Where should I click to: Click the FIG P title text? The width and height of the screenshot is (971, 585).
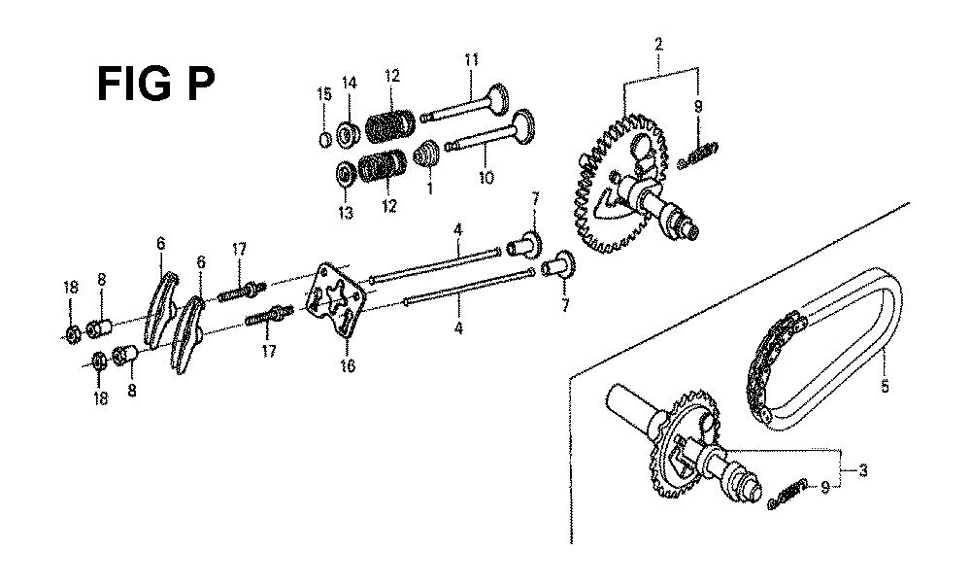(156, 85)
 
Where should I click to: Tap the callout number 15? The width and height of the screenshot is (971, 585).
(324, 94)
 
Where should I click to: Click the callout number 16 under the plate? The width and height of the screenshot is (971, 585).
(348, 366)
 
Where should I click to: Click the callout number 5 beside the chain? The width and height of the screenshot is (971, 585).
(885, 387)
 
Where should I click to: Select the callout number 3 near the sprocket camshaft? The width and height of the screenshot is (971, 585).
(862, 470)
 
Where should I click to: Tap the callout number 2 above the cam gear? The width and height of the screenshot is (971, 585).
(658, 44)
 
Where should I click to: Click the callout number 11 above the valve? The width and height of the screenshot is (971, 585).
(471, 60)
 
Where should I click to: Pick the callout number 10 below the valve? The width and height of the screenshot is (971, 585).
(486, 178)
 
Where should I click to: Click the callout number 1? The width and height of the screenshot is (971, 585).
(430, 187)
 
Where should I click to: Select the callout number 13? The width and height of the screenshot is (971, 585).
(346, 213)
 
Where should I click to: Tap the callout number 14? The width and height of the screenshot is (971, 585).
(350, 83)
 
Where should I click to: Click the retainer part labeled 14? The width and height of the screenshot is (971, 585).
(349, 134)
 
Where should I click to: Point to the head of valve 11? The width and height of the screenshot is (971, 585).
(497, 96)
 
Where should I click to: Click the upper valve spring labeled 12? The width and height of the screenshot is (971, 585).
(389, 124)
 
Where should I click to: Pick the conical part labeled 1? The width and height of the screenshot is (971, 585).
(426, 154)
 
